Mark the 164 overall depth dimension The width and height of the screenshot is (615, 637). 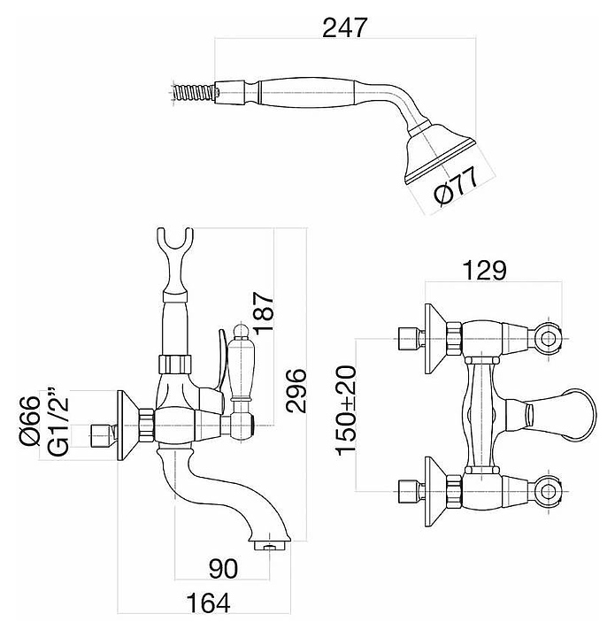[211, 605]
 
